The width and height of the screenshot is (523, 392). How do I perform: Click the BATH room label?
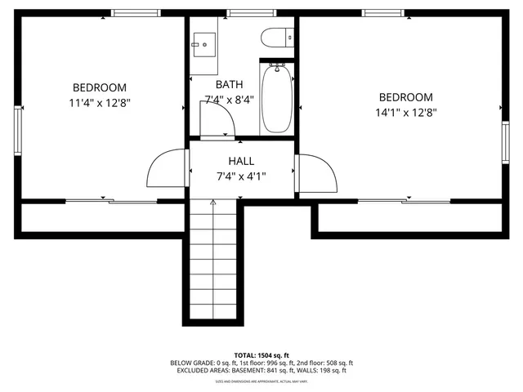(229, 84)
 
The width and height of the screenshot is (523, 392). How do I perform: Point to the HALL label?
(241, 161)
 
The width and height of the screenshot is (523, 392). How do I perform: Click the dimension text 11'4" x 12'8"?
(100, 103)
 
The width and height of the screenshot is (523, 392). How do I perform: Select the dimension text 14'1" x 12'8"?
(405, 113)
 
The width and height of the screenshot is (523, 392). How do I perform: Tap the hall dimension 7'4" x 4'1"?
(241, 176)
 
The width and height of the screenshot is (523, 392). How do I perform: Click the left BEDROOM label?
(100, 87)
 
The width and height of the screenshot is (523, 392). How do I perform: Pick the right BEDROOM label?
(405, 97)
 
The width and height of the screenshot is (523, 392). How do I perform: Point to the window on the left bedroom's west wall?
(17, 131)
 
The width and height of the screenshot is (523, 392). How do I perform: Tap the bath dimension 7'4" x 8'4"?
(229, 100)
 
